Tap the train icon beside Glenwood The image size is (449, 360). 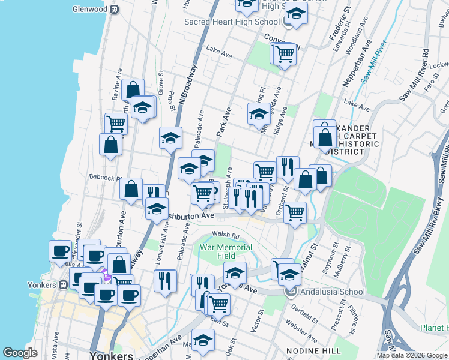pyautogui.click(x=113, y=9)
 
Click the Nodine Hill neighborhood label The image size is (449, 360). pyautogui.click(x=306, y=350)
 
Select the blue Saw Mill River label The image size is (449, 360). pyautogui.click(x=373, y=63)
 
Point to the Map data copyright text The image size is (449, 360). pyautogui.click(x=412, y=355)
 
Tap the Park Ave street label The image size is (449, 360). pyautogui.click(x=224, y=121)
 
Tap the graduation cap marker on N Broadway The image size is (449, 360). pyautogui.click(x=170, y=137)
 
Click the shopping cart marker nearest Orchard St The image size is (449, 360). pyautogui.click(x=295, y=212)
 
